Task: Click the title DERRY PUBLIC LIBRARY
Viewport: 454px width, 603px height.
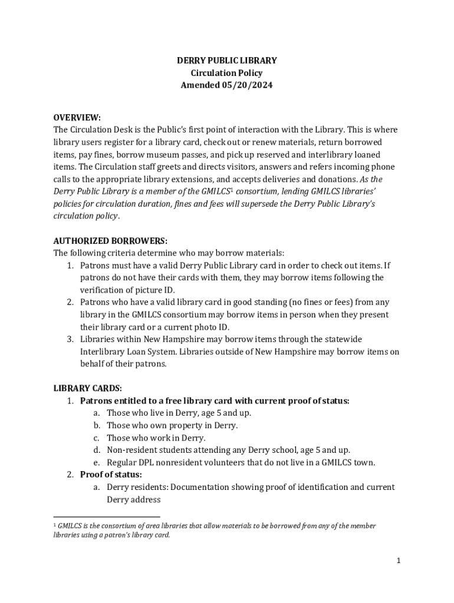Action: coord(227,61)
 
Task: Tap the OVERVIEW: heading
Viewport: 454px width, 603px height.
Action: coord(77,117)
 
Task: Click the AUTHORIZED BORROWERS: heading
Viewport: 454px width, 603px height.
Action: coord(110,241)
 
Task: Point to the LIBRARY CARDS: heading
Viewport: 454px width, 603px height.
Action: coord(88,389)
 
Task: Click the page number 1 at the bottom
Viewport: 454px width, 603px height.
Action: coord(399,561)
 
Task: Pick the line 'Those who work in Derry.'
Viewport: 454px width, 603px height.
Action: coord(156,438)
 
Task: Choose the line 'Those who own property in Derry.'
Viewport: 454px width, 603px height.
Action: coord(172,426)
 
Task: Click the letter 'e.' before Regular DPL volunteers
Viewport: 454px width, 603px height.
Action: coord(96,463)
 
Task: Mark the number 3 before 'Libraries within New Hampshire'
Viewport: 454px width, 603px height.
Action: coord(69,339)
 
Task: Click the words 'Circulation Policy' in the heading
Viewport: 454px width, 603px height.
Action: coord(227,73)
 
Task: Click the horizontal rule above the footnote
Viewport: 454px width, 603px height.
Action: coord(94,515)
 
